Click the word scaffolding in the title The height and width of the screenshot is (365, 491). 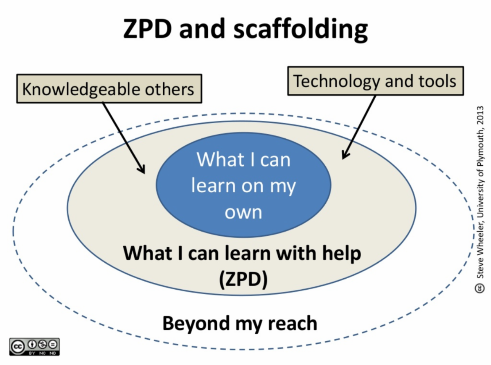click(x=301, y=30)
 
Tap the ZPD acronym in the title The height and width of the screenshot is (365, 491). click(x=147, y=29)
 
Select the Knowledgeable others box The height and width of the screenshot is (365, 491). click(x=109, y=89)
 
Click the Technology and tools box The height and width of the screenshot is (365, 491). click(x=376, y=81)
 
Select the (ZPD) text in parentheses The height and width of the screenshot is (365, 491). click(x=243, y=279)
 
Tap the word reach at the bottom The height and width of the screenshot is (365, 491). click(x=293, y=323)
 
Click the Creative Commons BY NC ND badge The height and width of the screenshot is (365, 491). click(x=34, y=347)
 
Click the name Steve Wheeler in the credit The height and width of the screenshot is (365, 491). click(x=480, y=252)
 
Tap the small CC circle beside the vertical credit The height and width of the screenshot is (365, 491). click(x=480, y=288)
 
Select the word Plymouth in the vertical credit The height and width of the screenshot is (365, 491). click(x=480, y=149)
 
